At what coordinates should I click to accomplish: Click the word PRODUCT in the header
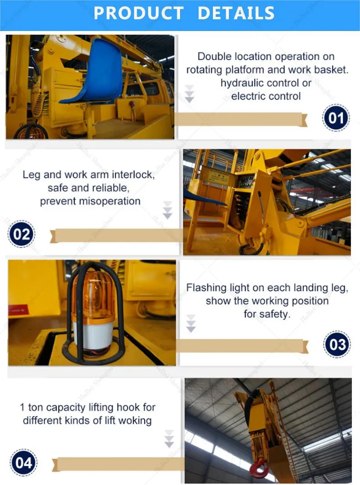tap(139, 13)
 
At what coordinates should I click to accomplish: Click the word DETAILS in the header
tap(236, 13)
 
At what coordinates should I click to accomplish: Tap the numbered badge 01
tap(336, 119)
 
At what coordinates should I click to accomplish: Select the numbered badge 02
tap(21, 234)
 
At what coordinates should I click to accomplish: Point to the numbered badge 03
tap(337, 344)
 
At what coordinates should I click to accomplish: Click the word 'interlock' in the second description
tap(134, 175)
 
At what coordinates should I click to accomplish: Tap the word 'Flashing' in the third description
tap(206, 288)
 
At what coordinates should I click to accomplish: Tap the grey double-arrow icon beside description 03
tap(191, 323)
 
